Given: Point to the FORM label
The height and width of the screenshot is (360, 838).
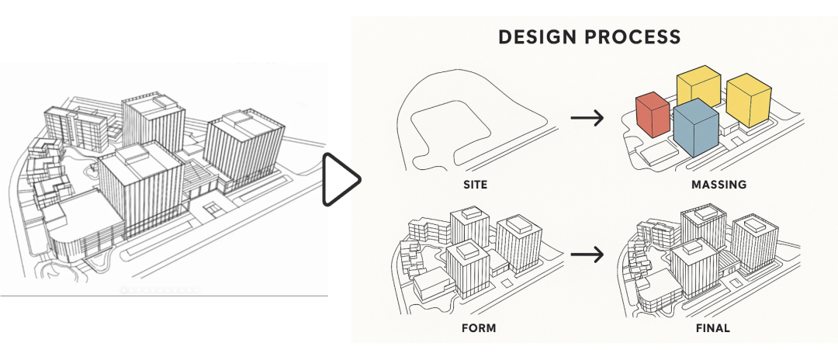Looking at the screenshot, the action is (478, 328).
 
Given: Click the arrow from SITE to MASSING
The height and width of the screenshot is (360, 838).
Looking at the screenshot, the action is (587, 118).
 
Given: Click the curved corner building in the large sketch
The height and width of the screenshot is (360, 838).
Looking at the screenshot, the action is (81, 229).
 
